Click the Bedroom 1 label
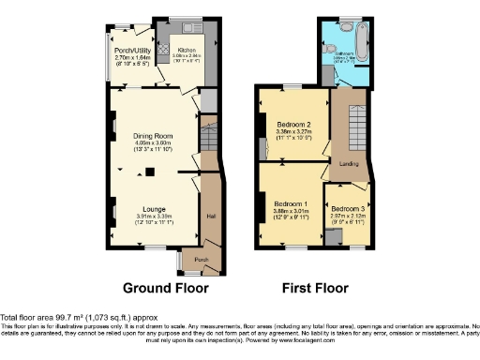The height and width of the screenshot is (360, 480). (x=291, y=204)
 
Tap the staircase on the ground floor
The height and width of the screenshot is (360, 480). (x=209, y=141)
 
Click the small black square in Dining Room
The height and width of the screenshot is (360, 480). (x=147, y=171)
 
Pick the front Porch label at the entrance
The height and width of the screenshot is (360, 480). (x=200, y=260)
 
